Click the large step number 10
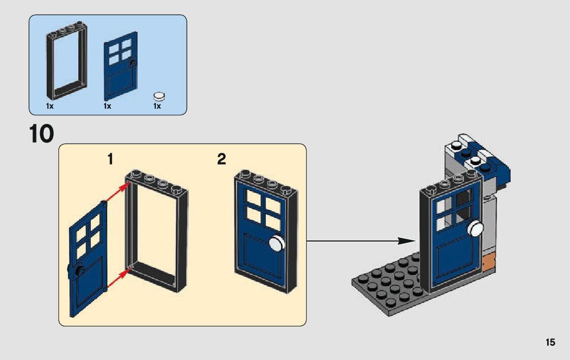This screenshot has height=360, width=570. point(41,135)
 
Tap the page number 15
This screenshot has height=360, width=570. point(550,342)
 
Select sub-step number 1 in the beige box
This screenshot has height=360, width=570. point(110,159)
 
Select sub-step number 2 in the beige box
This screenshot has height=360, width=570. point(221,159)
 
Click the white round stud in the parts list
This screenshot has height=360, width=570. point(159,95)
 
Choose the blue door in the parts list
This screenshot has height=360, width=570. point(121,66)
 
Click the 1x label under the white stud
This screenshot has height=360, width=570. point(157,107)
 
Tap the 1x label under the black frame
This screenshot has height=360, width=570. point(50,107)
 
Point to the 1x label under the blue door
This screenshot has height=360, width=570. point(107,107)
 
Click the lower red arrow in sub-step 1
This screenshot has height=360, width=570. point(116,277)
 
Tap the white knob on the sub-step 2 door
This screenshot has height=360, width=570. point(276,244)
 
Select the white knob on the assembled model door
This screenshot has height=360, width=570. point(476,230)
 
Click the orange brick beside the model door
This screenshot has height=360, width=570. point(489,263)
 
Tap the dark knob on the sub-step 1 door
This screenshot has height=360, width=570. point(79,271)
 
